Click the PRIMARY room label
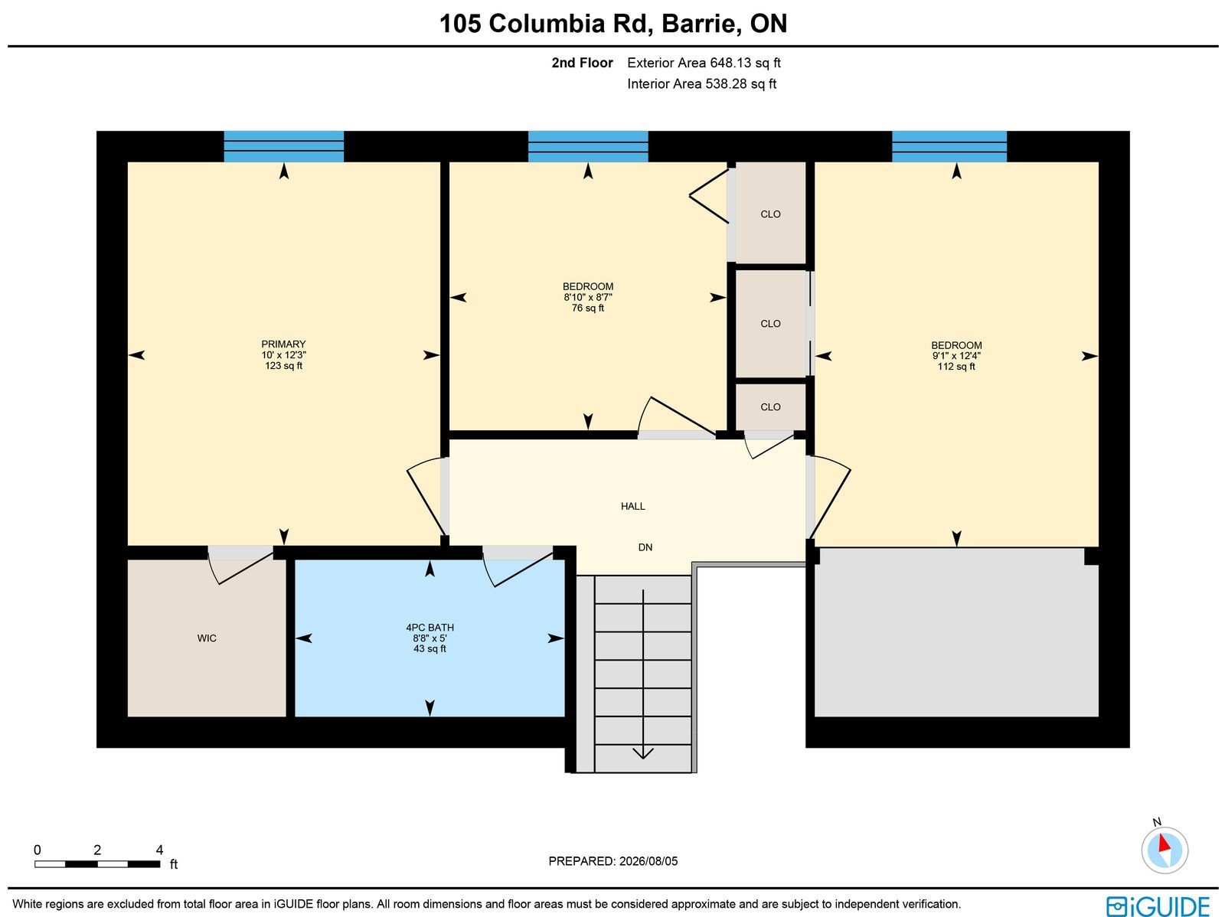283,344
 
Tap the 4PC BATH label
430,628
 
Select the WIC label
207,638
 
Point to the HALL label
633,507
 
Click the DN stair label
645,548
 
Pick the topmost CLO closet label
770,214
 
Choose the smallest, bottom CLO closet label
770,407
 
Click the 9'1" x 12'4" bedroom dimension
956,356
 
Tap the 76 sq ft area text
588,308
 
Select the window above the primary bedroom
283,147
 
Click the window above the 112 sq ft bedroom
949,147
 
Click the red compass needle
1165,843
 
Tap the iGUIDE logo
1158,906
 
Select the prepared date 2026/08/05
648,861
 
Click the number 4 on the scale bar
159,850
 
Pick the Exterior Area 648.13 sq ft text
704,63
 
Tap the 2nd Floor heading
582,63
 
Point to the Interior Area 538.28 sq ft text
701,84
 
